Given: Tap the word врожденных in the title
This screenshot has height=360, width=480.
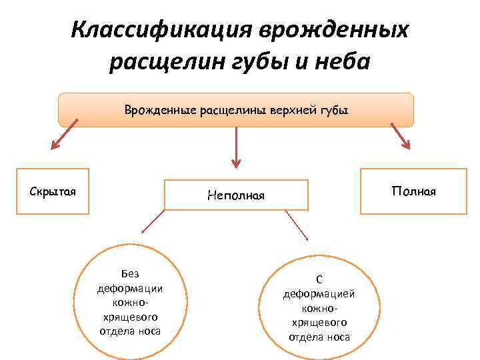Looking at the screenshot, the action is [333, 30].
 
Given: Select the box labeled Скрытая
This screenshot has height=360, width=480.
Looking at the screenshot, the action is [53, 191].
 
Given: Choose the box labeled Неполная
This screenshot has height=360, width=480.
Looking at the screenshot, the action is [236, 195].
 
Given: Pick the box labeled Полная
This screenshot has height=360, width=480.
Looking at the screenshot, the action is [413, 191].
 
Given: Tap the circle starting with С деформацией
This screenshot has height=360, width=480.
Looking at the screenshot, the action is [319, 304].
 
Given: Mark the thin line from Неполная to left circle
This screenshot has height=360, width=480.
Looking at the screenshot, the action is [153, 220].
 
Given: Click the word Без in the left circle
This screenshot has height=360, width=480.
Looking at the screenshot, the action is [130, 273].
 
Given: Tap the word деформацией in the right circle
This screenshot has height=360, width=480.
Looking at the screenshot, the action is [319, 293].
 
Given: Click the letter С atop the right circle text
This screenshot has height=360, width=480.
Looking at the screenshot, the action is [319, 280].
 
